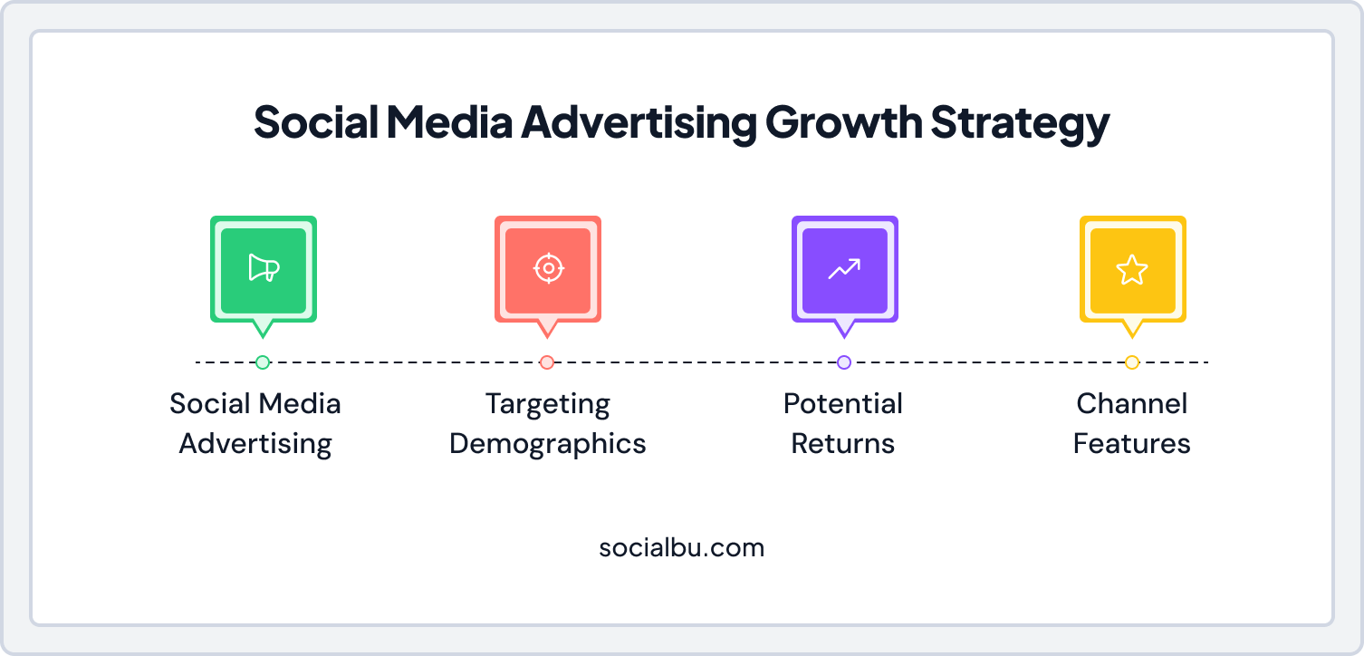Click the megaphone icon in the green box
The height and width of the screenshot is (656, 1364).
(264, 268)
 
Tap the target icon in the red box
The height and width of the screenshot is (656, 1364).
(548, 268)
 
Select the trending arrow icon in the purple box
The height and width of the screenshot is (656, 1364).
(844, 268)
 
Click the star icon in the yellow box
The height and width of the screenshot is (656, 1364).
(1132, 269)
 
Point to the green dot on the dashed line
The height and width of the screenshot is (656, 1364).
(263, 362)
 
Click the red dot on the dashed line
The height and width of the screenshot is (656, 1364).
(547, 362)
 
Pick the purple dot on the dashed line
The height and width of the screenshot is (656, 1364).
(844, 362)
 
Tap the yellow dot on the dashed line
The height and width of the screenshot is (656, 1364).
(1132, 362)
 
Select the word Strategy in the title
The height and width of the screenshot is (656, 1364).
(1020, 124)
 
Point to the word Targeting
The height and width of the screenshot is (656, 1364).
(548, 404)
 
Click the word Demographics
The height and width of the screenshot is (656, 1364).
(548, 444)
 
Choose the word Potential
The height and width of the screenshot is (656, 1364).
(843, 403)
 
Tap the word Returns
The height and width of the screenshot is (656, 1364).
(843, 444)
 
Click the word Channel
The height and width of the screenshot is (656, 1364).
(1132, 403)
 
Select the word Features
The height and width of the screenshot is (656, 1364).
(1132, 444)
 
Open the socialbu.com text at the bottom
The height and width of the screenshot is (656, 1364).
(682, 547)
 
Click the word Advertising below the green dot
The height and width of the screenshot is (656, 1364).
(255, 444)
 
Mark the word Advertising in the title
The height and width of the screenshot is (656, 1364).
(638, 124)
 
